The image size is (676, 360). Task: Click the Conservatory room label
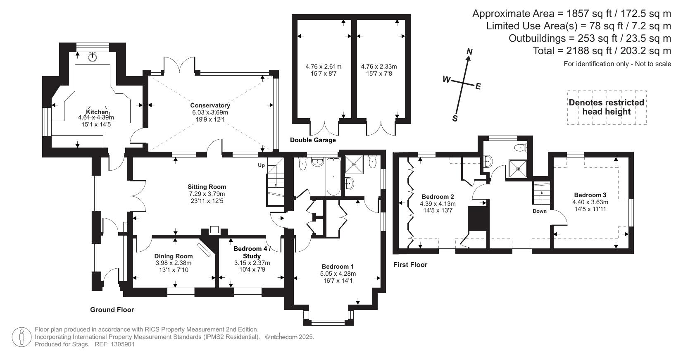pyautogui.click(x=210, y=105)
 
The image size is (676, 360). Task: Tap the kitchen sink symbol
pyautogui.click(x=92, y=57)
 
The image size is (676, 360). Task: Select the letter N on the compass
pyautogui.click(x=469, y=52)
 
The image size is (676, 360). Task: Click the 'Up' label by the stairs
pyautogui.click(x=261, y=165)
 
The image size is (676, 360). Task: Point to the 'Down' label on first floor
pyautogui.click(x=539, y=211)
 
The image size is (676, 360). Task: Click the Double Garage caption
pyautogui.click(x=313, y=140)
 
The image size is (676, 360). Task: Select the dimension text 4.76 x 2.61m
pyautogui.click(x=323, y=67)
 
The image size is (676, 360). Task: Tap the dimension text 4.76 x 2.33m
pyautogui.click(x=378, y=67)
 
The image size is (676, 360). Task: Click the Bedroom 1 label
pyautogui.click(x=338, y=267)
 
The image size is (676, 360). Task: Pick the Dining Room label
pyautogui.click(x=174, y=256)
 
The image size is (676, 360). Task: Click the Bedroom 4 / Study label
pyautogui.click(x=252, y=252)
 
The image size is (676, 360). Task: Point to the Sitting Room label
pyautogui.click(x=207, y=187)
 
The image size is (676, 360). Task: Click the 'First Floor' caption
pyautogui.click(x=410, y=265)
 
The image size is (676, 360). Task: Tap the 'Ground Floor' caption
pyautogui.click(x=112, y=310)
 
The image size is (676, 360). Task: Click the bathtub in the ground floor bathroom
pyautogui.click(x=333, y=178)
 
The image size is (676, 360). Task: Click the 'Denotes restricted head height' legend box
pyautogui.click(x=606, y=107)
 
